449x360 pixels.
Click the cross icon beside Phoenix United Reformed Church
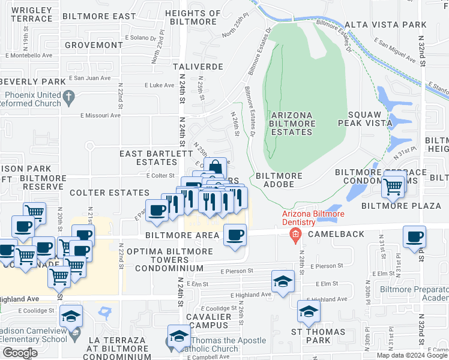pyautogui.click(x=69, y=96)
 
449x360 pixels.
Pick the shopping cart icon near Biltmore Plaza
pyautogui.click(x=393, y=187)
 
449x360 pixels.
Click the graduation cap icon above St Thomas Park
pyautogui.click(x=308, y=311)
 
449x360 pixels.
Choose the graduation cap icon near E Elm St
pyautogui.click(x=283, y=280)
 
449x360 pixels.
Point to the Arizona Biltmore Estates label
pyautogui.click(x=292, y=124)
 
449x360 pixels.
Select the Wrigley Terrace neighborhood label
pyautogui.click(x=31, y=14)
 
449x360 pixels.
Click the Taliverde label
pyautogui.click(x=197, y=67)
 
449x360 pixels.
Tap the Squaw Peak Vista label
pyautogui.click(x=370, y=118)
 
